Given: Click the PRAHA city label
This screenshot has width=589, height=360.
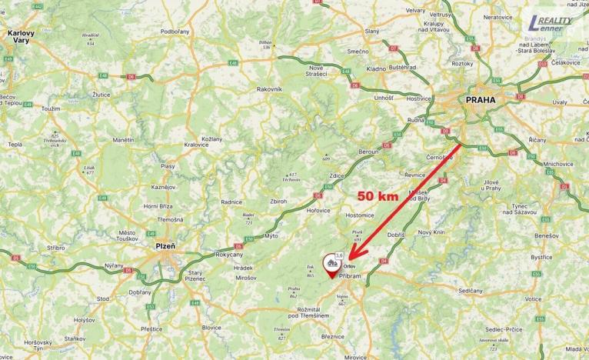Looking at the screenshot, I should (x=481, y=99).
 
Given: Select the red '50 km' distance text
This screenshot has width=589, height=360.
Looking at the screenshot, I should (x=377, y=195).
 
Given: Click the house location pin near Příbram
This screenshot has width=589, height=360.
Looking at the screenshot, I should (x=332, y=264).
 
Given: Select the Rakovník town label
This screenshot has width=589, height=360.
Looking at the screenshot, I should (x=270, y=88).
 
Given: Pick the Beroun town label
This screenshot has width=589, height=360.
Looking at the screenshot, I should (x=368, y=152).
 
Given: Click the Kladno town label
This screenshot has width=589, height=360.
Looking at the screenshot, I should (x=377, y=68).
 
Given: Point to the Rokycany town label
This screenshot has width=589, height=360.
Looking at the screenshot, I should (x=229, y=255).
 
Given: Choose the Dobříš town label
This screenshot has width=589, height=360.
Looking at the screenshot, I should (x=396, y=234).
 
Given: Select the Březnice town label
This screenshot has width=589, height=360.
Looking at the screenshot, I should (x=333, y=336).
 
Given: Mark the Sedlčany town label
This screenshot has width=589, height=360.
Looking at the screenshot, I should (x=471, y=291).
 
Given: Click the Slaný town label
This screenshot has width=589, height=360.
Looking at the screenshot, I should (x=372, y=31).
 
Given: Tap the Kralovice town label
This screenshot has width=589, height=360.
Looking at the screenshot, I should (x=196, y=144).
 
